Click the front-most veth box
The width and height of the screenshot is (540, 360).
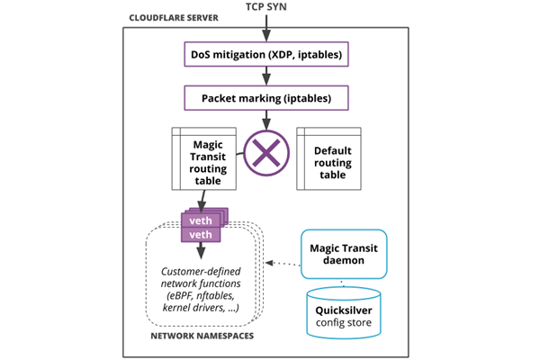pyautogui.click(x=202, y=234)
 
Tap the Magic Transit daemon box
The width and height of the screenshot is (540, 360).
pyautogui.click(x=343, y=253)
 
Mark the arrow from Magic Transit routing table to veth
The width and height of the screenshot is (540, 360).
pyautogui.click(x=202, y=201)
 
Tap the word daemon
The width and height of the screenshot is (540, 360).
pyautogui.click(x=343, y=262)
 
